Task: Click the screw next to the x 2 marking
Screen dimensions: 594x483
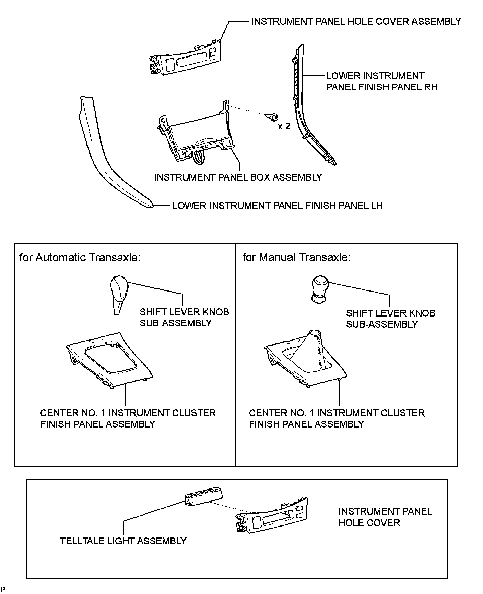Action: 274,117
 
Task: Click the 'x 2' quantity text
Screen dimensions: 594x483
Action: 284,126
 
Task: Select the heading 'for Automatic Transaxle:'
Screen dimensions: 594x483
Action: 80,257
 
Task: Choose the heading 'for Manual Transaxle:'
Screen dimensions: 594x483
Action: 296,257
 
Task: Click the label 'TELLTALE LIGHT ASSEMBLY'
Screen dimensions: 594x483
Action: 123,541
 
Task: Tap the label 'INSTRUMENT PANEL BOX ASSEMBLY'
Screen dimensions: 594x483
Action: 238,177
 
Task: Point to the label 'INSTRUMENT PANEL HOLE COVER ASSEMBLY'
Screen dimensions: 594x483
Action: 356,21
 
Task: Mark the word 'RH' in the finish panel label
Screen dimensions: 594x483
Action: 431,87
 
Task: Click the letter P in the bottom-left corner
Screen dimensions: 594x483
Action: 3,590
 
